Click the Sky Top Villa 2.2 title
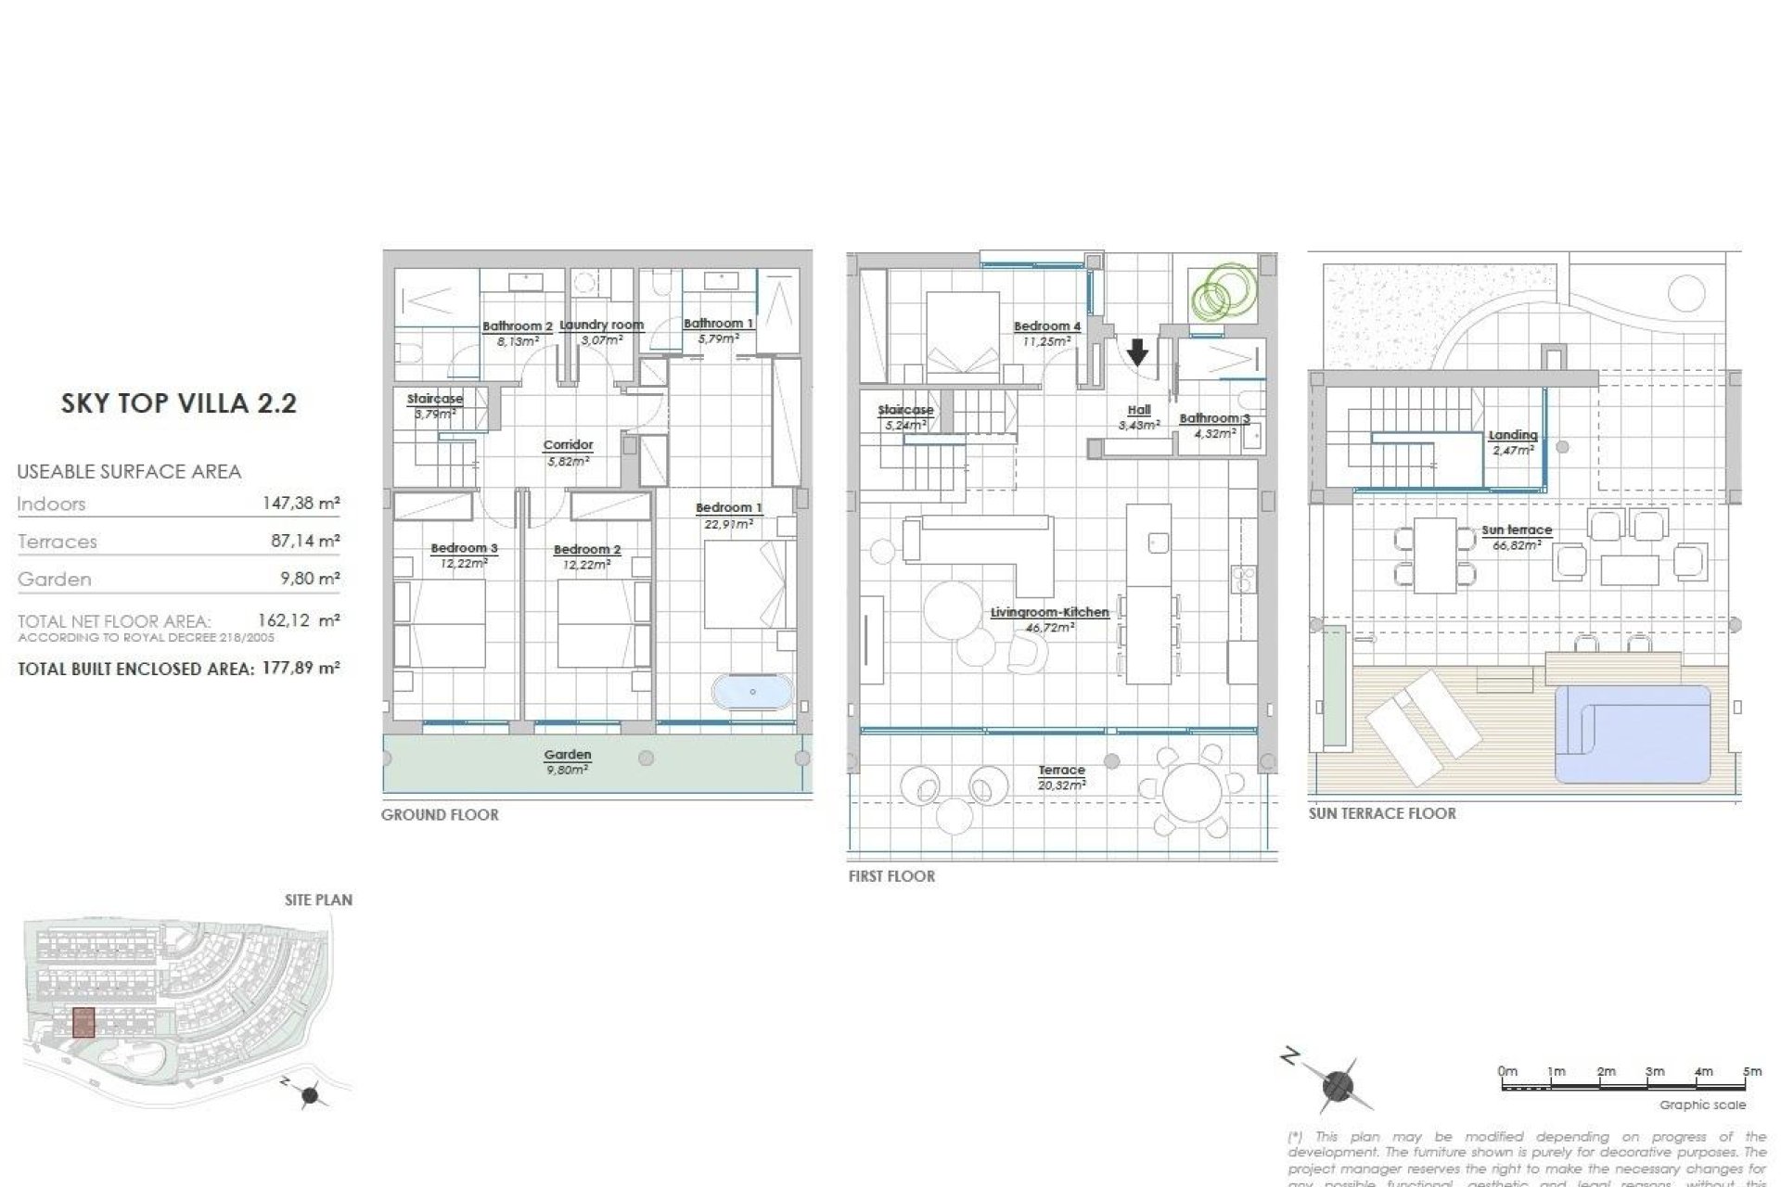(178, 403)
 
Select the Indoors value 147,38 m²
(301, 504)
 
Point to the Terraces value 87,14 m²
(305, 541)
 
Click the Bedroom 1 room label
(728, 508)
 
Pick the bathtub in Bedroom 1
(752, 692)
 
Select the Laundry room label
(601, 325)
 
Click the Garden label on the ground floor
(567, 755)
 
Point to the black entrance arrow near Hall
(1137, 352)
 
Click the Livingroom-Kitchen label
(1049, 613)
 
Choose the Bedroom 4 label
(1046, 326)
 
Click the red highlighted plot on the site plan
(83, 1022)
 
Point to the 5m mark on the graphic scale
(1751, 1071)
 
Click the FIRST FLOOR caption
(890, 875)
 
